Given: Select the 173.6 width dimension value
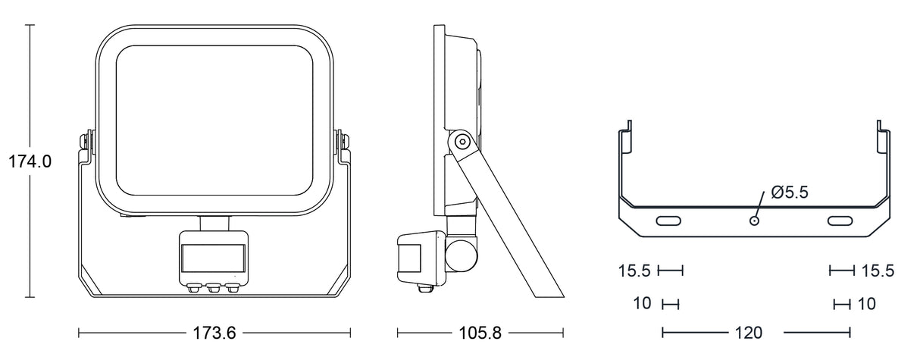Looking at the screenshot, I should (x=214, y=333).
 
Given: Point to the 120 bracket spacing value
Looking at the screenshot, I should (x=749, y=333).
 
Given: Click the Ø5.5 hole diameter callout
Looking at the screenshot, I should (x=790, y=193).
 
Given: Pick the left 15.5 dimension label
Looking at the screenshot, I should (x=635, y=271).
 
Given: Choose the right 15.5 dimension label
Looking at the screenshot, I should (x=878, y=271).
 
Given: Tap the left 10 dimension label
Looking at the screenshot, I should (x=643, y=304).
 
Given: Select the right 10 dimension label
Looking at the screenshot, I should (x=867, y=304).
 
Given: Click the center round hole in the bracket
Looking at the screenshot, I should (x=754, y=220).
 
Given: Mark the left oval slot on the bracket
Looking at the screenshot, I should (x=668, y=221).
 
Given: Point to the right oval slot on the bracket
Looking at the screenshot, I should (x=840, y=221).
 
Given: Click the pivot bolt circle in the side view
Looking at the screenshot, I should (x=460, y=141).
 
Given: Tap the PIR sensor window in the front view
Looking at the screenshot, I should (x=213, y=256).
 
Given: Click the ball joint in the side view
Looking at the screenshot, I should (x=462, y=253).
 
